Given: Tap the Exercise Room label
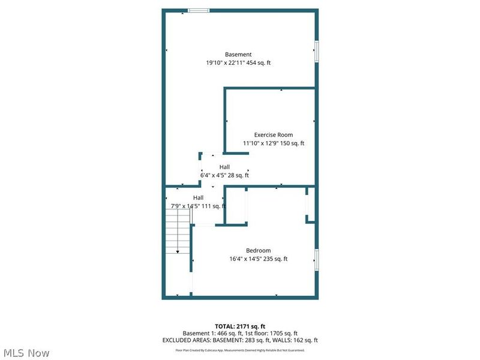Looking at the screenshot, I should point(273,135).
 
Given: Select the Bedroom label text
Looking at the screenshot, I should point(258,251).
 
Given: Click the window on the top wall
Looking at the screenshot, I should point(199,10).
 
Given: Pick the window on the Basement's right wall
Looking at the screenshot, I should point(316,51).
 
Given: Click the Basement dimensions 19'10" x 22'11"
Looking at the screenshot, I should point(225,63).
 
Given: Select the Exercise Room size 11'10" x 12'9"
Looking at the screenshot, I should point(261,143).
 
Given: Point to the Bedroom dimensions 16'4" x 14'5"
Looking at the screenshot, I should point(247,259).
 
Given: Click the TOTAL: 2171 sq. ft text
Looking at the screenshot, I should point(240,326).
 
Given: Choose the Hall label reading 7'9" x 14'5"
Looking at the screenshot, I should point(188,206).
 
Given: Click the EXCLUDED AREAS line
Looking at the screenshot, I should point(240,340).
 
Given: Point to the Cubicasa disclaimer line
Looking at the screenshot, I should point(240,350).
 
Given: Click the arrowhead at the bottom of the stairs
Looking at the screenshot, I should point(178,252).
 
